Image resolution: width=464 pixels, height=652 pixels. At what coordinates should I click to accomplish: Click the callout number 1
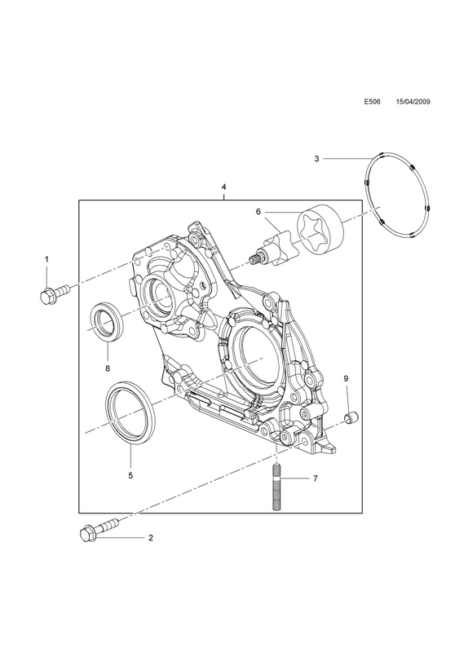coord(46,259)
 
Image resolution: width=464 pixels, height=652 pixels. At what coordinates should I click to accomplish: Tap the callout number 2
coord(151,538)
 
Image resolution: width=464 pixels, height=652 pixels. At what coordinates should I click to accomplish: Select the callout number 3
coord(316,158)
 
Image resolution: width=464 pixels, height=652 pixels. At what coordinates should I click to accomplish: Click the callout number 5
coord(130,475)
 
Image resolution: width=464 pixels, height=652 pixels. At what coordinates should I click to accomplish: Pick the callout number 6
coord(258,212)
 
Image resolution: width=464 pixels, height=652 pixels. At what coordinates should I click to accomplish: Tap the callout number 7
coord(316,478)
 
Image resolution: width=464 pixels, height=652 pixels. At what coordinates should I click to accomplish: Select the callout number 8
coord(108,368)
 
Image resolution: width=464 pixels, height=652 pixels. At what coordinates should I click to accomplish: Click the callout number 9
coord(346,378)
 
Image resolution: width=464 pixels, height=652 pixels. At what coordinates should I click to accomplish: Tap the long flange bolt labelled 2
coord(99,528)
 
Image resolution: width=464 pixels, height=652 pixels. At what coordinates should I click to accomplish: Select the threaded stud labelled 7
coord(276,487)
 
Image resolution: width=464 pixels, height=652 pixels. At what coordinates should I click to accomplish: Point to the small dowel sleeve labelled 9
coord(352,417)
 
